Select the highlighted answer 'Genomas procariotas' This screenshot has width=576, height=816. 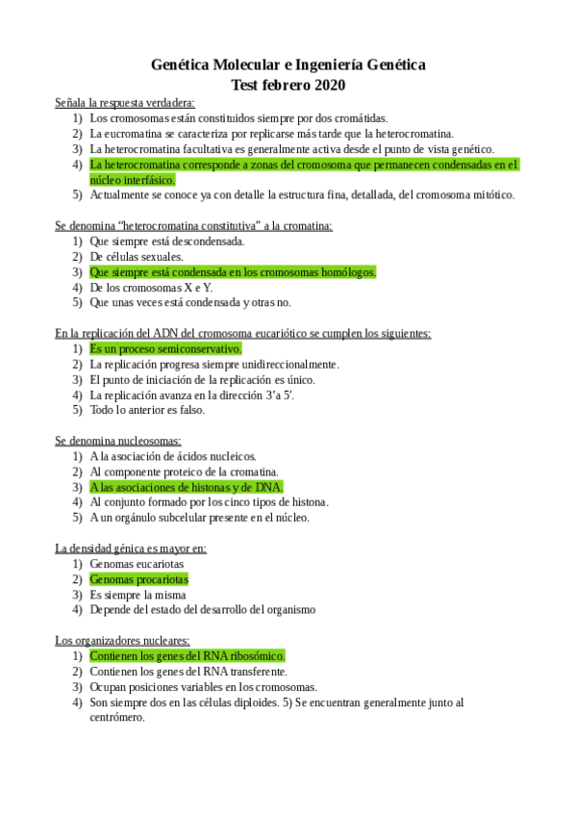point(138,579)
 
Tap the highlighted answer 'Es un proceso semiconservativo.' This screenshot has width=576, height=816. point(164,349)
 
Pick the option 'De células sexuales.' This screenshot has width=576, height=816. point(136,257)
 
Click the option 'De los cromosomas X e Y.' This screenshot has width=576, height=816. point(151,288)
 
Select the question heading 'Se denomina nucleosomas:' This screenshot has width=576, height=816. point(117,441)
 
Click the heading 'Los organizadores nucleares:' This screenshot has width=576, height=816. point(122,640)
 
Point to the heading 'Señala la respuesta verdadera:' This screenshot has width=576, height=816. point(125,102)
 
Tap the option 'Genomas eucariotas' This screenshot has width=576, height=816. point(136,564)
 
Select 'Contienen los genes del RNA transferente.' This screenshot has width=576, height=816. point(188,671)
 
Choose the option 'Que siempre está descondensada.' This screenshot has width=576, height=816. point(166,242)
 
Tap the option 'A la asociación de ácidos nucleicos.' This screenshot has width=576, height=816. point(173,456)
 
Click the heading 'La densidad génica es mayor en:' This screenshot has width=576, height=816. point(131,548)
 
